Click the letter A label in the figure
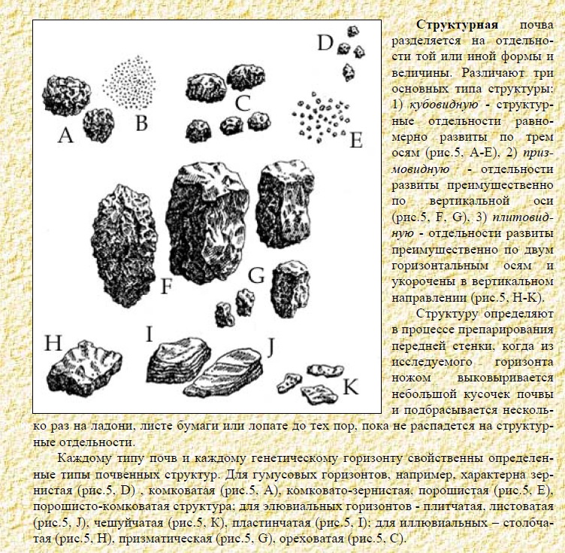pos(65,135)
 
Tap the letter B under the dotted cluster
pos(140,122)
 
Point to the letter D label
pos(324,43)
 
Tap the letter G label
pos(257,276)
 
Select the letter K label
pos(350,387)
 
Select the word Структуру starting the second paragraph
pos(451,314)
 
